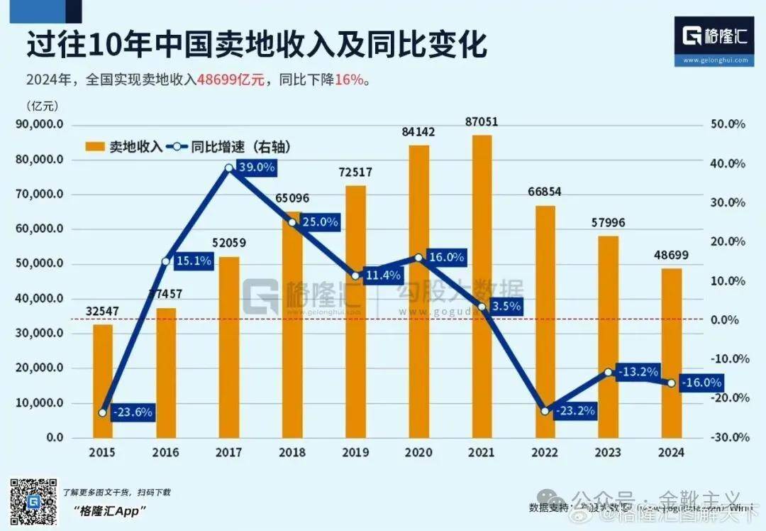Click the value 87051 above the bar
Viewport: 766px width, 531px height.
(482, 122)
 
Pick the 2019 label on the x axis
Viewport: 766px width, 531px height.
(355, 452)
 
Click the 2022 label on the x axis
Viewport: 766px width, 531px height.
(545, 452)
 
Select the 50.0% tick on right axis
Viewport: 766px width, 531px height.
(728, 124)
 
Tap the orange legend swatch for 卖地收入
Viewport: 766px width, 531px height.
(96, 148)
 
